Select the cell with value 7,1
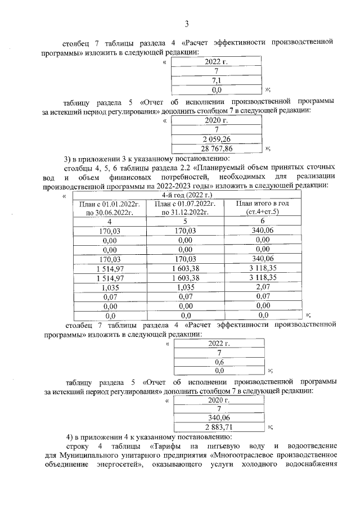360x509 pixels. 216,80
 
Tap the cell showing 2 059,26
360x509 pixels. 217,139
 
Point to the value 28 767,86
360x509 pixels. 217,148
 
